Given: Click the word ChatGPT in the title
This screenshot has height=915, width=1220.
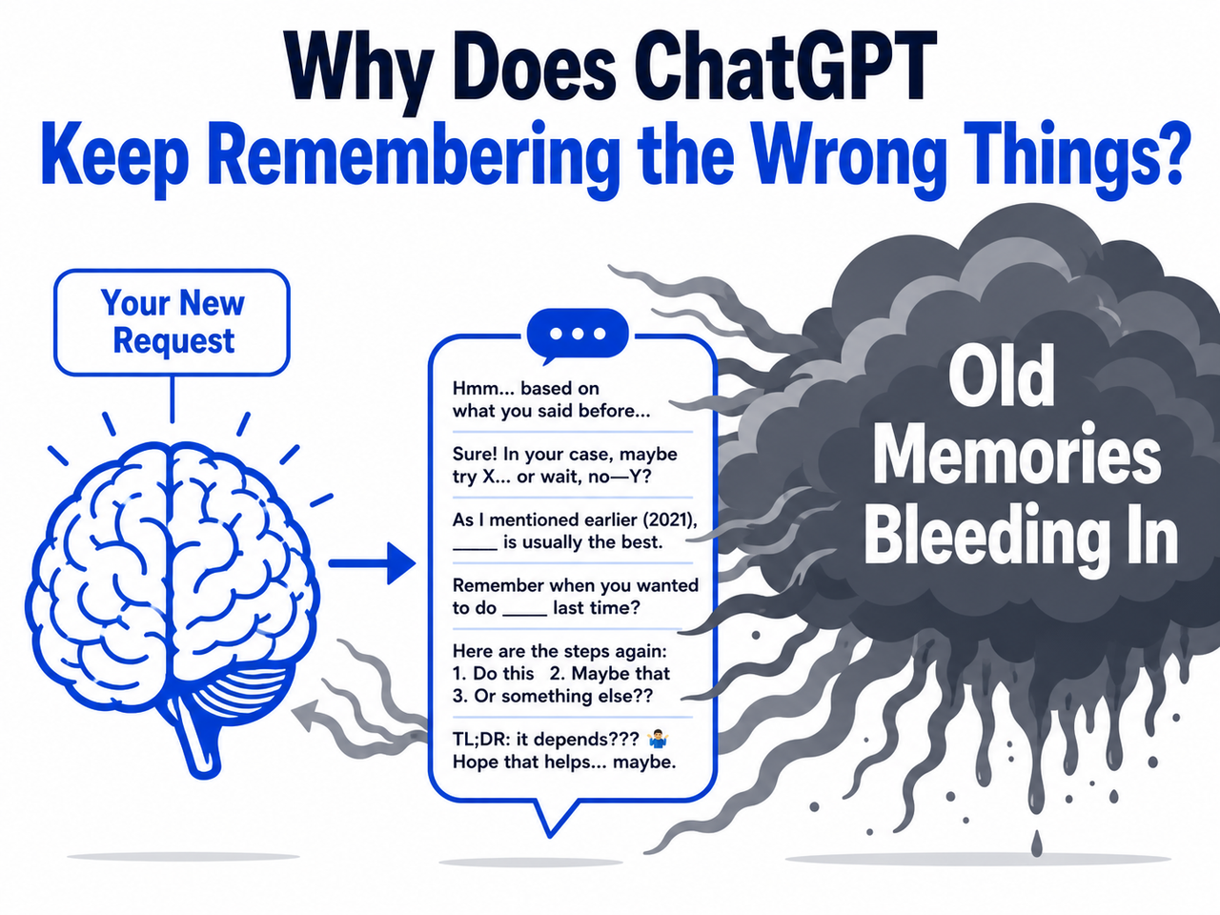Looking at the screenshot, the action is coord(782,69).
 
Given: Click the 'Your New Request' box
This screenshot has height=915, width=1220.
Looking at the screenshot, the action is coord(172,322).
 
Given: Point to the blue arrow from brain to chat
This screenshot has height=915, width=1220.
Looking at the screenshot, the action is coord(372,563).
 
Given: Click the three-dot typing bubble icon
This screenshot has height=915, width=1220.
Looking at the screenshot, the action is coord(578,335).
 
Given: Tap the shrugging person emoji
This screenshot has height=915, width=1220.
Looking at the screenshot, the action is coord(658,740).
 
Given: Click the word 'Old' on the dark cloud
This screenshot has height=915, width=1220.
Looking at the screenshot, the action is coord(1001,376).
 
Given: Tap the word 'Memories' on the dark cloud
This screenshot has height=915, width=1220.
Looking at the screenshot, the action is coord(1017,454).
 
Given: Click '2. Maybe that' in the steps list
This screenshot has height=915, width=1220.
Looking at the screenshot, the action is coord(609,673).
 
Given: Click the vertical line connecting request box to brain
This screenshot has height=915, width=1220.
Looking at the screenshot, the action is coord(173,398).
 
